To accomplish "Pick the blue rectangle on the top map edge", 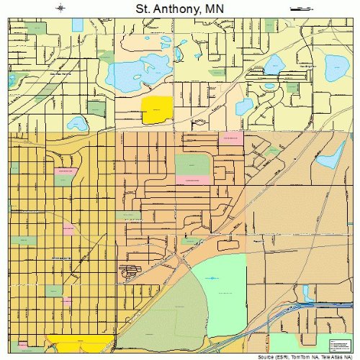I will tap(77, 24).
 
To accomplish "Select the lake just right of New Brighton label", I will tap(336, 68).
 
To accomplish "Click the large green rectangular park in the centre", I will tap(192, 164).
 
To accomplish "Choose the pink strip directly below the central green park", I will tap(193, 180).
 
